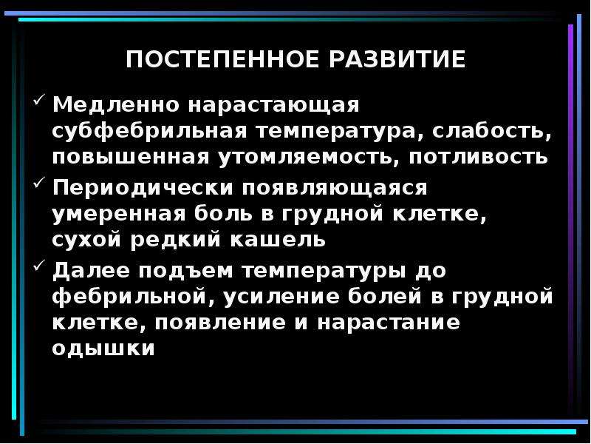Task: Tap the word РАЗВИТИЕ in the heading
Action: (x=398, y=59)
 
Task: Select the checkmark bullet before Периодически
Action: (x=39, y=182)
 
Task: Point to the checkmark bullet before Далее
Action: (x=39, y=266)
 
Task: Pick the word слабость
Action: (x=491, y=132)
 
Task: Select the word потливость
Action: (x=478, y=157)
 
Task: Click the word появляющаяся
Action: (x=335, y=189)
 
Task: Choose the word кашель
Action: (x=278, y=239)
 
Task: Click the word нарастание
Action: (x=389, y=323)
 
